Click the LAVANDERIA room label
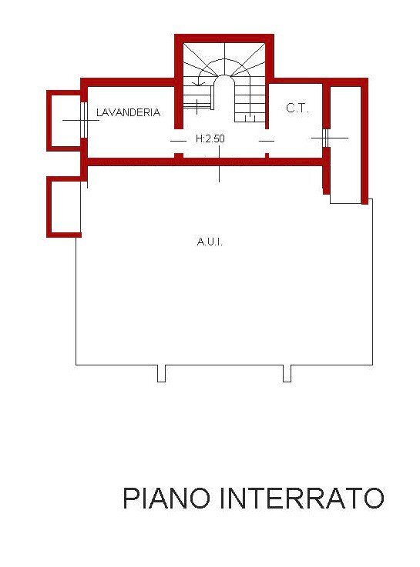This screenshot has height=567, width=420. pyautogui.click(x=128, y=112)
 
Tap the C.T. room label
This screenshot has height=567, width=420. pyautogui.click(x=297, y=108)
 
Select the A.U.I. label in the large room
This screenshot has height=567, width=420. pyautogui.click(x=210, y=242)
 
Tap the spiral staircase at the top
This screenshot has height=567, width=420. pyautogui.click(x=224, y=77)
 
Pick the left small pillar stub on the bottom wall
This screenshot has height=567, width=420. pyautogui.click(x=161, y=373)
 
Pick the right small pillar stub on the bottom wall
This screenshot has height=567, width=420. pyautogui.click(x=287, y=373)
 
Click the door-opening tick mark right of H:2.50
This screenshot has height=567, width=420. pyautogui.click(x=267, y=141)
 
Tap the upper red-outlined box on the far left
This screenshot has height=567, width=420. pyautogui.click(x=63, y=120)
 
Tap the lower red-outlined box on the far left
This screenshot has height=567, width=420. pyautogui.click(x=64, y=206)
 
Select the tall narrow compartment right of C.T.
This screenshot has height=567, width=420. pyautogui.click(x=345, y=142)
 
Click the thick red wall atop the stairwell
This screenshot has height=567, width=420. pyautogui.click(x=224, y=38)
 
